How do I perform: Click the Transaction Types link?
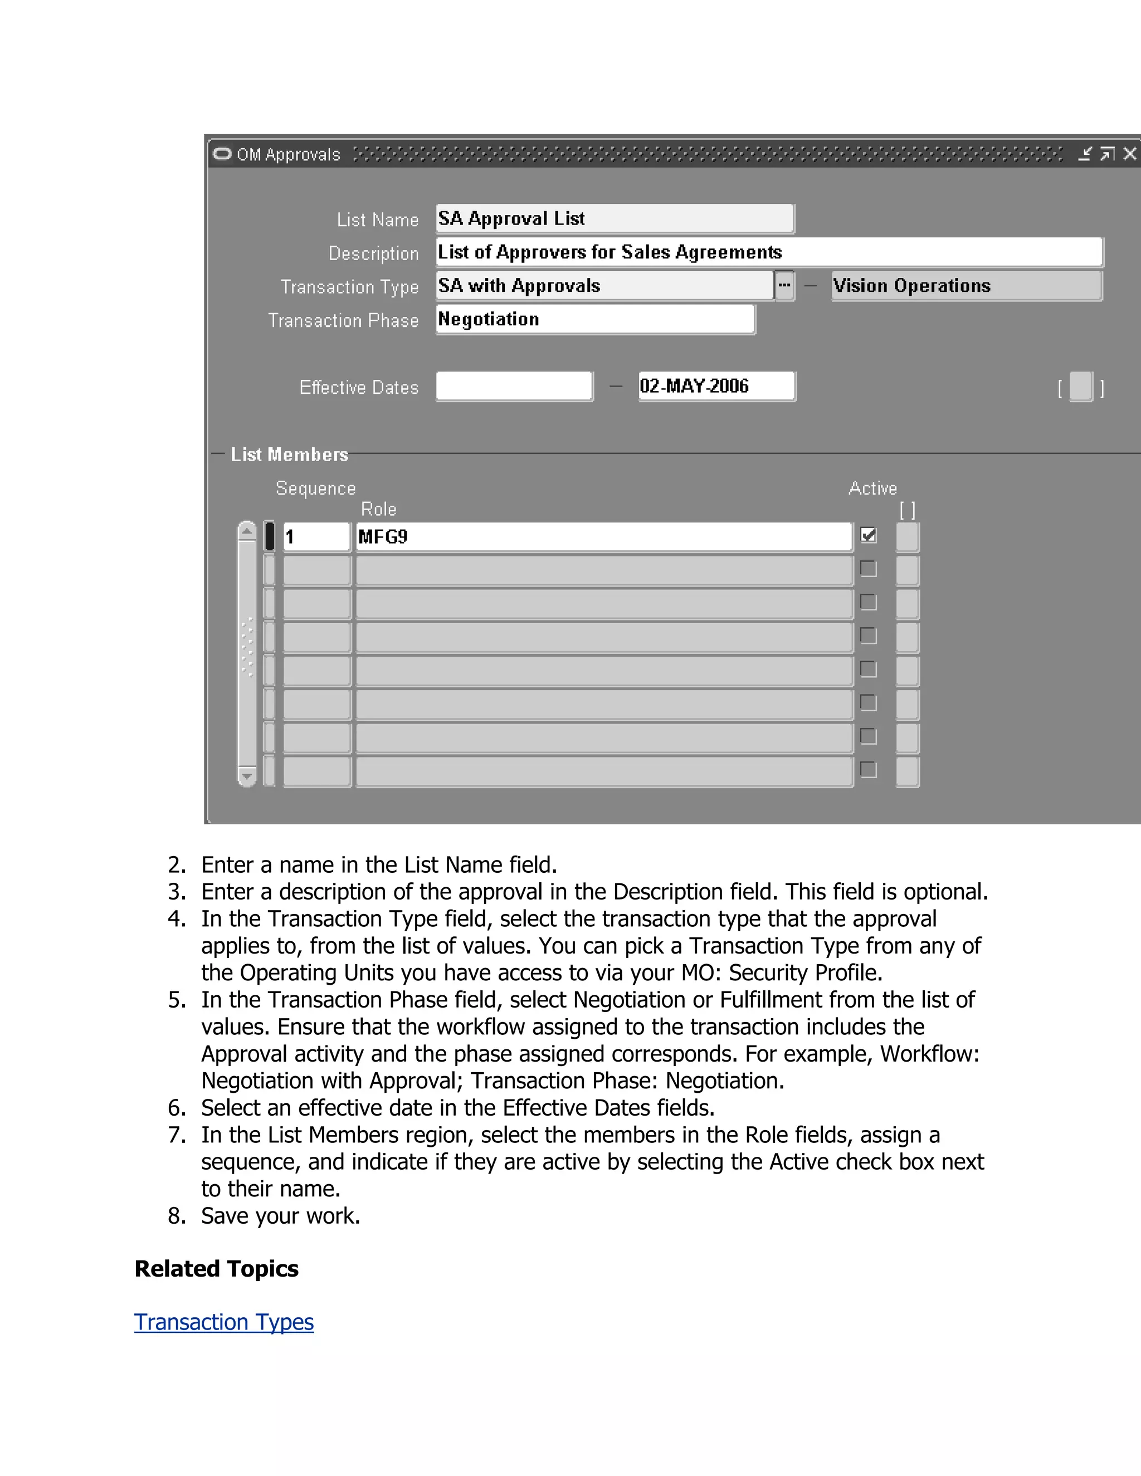pos(224,1322)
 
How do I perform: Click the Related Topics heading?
pos(216,1268)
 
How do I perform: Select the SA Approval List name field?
pos(614,219)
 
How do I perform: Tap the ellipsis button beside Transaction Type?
pos(784,286)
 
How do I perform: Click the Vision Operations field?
pos(966,286)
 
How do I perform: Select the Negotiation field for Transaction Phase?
pos(595,320)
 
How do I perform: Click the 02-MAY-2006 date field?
pos(716,387)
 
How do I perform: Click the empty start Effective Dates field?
pos(514,387)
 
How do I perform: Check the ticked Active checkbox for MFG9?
pos(869,535)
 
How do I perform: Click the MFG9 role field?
pos(603,536)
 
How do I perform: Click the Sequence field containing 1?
pos(316,536)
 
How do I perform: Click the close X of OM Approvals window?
pos(1129,154)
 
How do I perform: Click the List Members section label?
pos(289,454)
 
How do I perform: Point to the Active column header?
pos(872,488)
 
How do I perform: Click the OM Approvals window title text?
pos(288,155)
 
